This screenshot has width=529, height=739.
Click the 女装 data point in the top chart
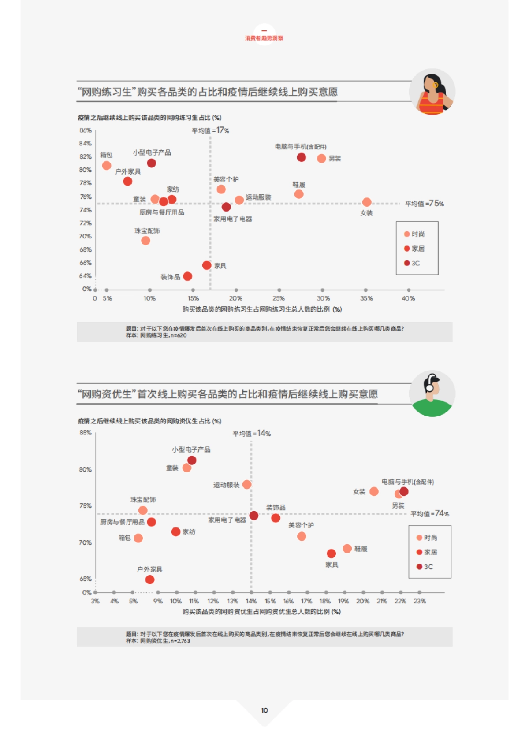(367, 202)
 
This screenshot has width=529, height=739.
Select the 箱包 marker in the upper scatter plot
(107, 166)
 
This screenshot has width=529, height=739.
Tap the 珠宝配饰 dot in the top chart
(145, 241)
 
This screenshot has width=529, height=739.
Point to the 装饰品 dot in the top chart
(187, 276)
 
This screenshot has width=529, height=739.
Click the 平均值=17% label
(210, 130)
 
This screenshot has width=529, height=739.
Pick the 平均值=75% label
(424, 204)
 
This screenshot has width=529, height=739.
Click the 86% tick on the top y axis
(86, 130)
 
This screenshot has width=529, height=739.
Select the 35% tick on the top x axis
(366, 298)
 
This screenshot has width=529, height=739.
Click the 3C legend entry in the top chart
(412, 263)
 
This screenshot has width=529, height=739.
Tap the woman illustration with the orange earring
(432, 92)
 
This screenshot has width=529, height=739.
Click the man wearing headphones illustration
(432, 394)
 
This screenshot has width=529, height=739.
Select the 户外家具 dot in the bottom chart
(150, 579)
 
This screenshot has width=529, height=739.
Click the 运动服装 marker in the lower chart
(247, 485)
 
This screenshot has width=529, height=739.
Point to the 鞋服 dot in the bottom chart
(347, 549)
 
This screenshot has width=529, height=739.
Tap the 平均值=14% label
(251, 434)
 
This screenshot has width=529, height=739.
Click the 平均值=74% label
(429, 514)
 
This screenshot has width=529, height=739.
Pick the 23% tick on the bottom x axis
(420, 601)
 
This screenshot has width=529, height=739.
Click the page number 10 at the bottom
(264, 710)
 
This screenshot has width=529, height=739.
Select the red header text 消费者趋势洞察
(264, 38)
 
